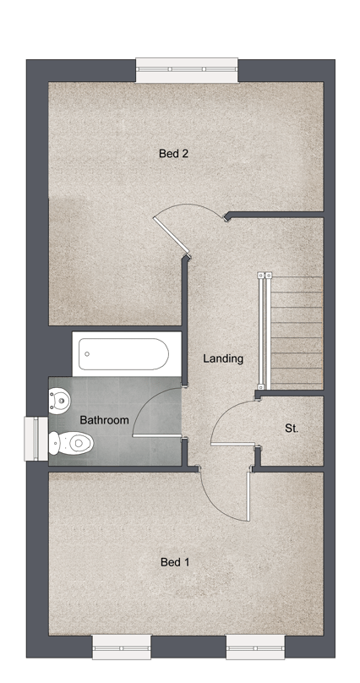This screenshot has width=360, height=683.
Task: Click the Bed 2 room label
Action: point(173,154)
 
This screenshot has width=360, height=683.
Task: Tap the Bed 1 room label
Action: point(175,562)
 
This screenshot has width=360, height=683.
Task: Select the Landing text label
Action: point(223,359)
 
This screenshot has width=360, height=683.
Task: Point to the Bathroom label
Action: point(105,420)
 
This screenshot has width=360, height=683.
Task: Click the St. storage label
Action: point(292,429)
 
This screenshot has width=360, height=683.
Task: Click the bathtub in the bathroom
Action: point(123,354)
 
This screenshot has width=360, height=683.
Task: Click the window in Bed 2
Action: point(187,70)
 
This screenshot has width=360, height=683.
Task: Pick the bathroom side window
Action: point(35,439)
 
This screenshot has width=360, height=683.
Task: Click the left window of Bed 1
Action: point(122,647)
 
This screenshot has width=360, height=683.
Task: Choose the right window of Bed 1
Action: point(255,647)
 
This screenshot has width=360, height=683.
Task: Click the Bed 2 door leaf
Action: point(172,235)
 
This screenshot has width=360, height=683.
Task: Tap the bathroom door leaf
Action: point(156,435)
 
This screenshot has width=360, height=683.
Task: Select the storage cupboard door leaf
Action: point(233,444)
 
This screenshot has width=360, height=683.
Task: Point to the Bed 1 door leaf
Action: point(248,496)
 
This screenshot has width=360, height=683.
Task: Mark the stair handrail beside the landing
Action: point(263,331)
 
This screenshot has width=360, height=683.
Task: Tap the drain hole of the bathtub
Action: point(87,354)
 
